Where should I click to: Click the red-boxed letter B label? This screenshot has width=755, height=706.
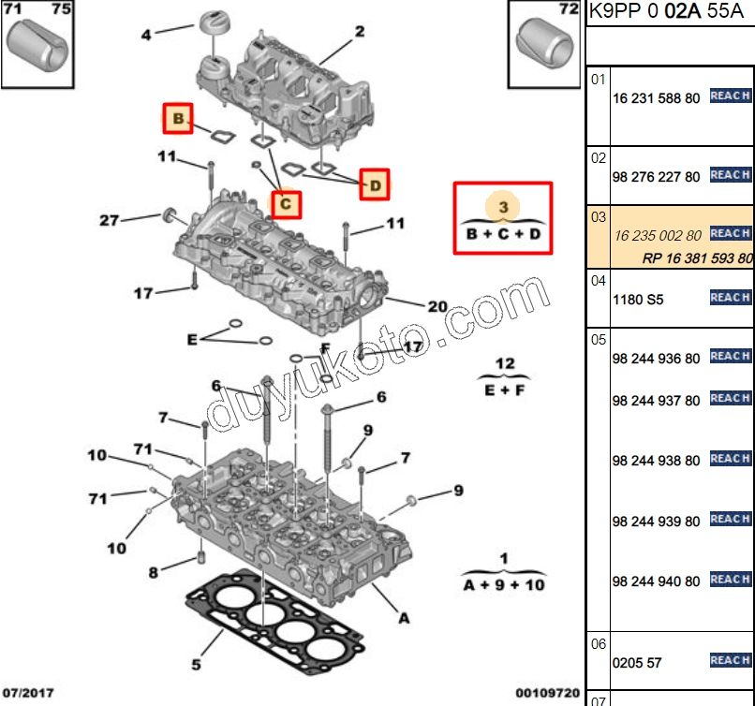click(177, 118)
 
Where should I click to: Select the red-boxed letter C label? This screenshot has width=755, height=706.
click(287, 202)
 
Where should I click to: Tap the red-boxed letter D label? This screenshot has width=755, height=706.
click(375, 185)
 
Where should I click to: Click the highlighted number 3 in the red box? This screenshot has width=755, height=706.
click(503, 205)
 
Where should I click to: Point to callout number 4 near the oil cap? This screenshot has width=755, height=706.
click(146, 36)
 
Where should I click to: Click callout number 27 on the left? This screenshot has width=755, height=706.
click(110, 221)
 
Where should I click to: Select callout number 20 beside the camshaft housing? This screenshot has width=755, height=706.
click(437, 306)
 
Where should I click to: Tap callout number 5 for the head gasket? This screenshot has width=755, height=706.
click(197, 665)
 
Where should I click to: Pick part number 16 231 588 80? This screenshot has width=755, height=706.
click(656, 98)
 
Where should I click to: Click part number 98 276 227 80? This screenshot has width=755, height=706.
click(656, 177)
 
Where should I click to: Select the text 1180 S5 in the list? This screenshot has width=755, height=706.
click(638, 300)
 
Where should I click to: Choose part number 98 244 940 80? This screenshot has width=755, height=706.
click(656, 581)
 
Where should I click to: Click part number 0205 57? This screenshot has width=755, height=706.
click(637, 663)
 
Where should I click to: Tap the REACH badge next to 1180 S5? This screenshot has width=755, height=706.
click(730, 298)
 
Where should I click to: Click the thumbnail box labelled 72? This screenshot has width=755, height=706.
click(544, 45)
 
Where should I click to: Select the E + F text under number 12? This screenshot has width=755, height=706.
click(504, 390)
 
